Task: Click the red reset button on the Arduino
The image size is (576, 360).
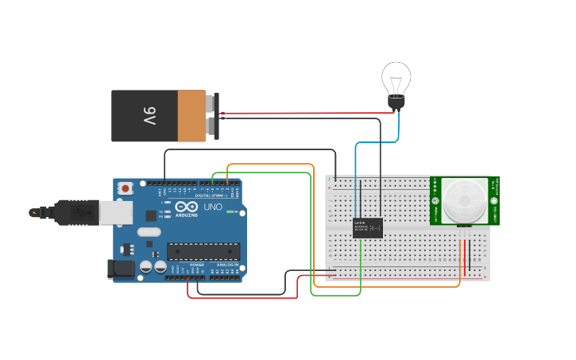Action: pyautogui.click(x=125, y=188)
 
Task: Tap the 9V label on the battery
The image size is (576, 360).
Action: pyautogui.click(x=149, y=117)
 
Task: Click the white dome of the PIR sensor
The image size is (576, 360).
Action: pyautogui.click(x=464, y=199)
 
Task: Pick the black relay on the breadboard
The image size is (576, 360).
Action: pyautogui.click(x=367, y=227)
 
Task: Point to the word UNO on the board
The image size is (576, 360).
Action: pyautogui.click(x=213, y=207)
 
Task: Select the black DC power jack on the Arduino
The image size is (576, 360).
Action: pyautogui.click(x=120, y=269)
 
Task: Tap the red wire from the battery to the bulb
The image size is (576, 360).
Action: pyautogui.click(x=310, y=113)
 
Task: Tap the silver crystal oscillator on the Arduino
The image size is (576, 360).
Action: pyautogui.click(x=148, y=233)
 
